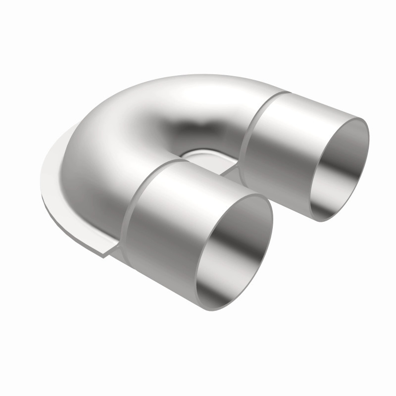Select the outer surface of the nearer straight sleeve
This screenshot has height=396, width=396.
tap(163, 213)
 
